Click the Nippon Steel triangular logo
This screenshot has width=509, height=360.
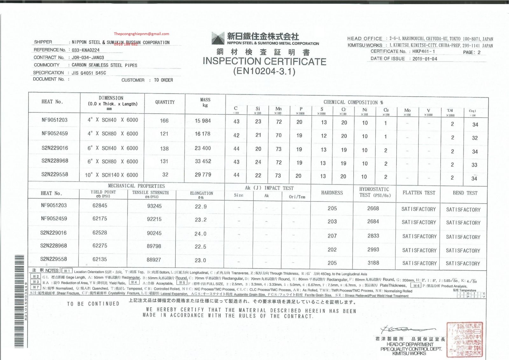[x=218, y=38]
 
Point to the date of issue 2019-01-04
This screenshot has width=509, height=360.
[x=425, y=59]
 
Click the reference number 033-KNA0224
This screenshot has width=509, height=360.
[x=86, y=50]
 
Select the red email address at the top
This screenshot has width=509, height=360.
[x=142, y=34]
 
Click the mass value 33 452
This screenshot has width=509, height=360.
[x=203, y=161]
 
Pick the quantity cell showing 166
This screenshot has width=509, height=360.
[x=164, y=121]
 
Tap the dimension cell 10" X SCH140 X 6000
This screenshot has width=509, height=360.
[x=111, y=175]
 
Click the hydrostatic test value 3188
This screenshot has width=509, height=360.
[x=373, y=263]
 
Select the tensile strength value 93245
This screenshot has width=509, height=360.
[x=154, y=206]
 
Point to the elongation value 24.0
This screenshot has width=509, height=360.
[x=200, y=234]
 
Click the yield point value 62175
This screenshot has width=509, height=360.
[x=100, y=219]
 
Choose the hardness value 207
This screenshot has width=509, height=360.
[x=332, y=236]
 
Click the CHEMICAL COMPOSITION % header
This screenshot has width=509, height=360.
[x=353, y=102]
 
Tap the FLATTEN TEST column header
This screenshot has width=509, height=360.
[x=419, y=193]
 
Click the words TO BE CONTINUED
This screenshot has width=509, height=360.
[x=93, y=304]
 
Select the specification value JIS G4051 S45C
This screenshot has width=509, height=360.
[x=89, y=73]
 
